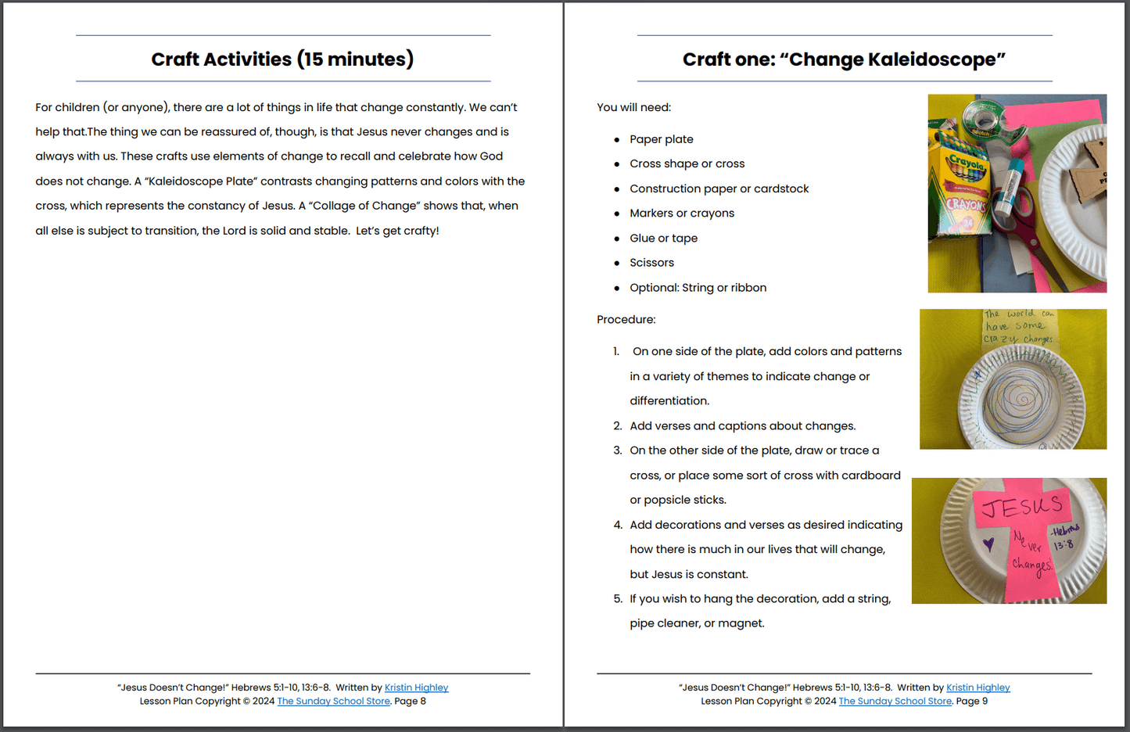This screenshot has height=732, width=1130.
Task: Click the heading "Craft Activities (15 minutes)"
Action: tap(282, 59)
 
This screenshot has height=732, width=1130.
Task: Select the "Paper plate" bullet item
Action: tap(661, 139)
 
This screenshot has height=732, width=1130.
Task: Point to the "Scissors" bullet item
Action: tap(651, 263)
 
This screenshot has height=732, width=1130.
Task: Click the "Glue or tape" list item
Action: tap(663, 239)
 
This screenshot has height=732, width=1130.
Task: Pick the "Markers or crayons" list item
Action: tap(681, 213)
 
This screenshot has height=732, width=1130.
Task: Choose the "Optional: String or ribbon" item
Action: tap(698, 288)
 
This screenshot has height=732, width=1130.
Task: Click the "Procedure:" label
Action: tap(626, 320)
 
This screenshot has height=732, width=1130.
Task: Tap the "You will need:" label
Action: tap(633, 107)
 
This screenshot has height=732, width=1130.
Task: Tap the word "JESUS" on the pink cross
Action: tap(1021, 507)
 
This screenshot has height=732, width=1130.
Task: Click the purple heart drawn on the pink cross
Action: tap(988, 544)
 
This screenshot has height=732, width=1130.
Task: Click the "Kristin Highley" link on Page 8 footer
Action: tap(416, 687)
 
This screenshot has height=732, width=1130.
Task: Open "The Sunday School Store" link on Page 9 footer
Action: tap(895, 701)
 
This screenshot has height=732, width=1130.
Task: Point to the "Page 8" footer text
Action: tap(411, 701)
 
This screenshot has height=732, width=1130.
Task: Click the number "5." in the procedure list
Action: tap(618, 599)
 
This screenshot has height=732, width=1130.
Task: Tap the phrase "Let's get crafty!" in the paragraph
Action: tap(397, 231)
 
